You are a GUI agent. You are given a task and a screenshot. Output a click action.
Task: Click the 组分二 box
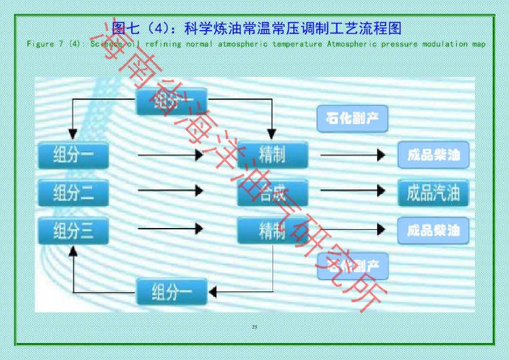tap(72, 191)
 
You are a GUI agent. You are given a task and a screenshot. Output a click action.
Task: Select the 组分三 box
tap(72, 231)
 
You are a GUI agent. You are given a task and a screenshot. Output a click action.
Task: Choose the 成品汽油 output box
tap(433, 192)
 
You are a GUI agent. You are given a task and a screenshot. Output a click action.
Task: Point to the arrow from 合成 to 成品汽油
tap(352, 191)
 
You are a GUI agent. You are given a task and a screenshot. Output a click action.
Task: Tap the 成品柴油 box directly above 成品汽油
tap(433, 155)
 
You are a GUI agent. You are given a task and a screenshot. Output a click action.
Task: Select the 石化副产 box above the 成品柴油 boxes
tap(352, 119)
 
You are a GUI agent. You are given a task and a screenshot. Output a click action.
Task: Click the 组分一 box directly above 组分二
tap(72, 155)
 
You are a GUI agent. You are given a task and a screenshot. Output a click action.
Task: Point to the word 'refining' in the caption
tap(156, 44)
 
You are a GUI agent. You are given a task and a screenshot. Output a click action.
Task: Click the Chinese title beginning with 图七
tap(255, 28)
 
